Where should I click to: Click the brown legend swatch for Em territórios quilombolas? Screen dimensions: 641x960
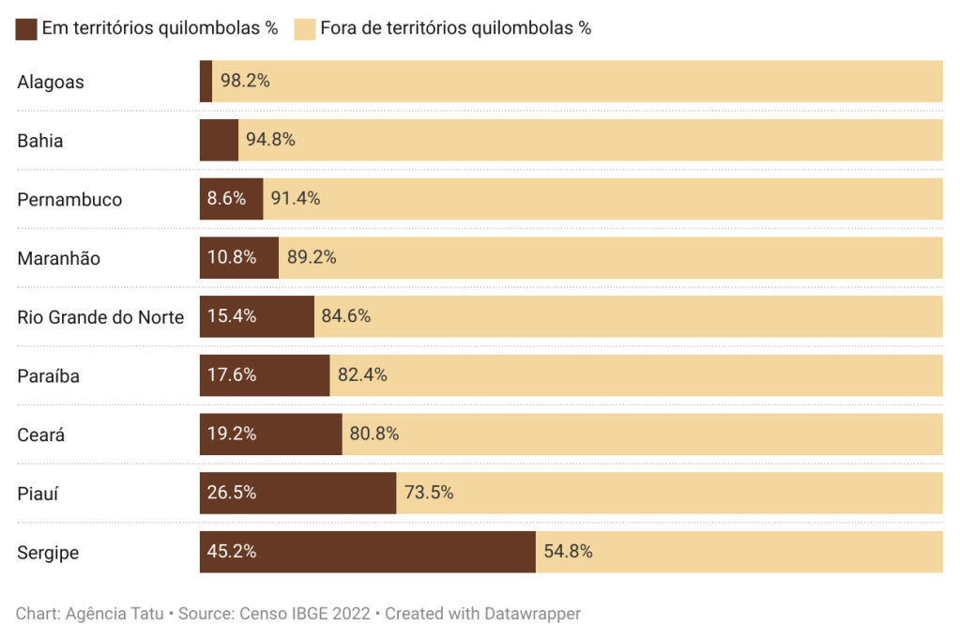pyautogui.click(x=26, y=28)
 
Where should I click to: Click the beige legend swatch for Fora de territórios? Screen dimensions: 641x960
pyautogui.click(x=304, y=28)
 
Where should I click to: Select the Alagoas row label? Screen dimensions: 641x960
pyautogui.click(x=51, y=83)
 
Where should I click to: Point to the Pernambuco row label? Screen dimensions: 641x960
pyautogui.click(x=70, y=200)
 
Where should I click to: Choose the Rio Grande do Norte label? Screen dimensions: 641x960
pyautogui.click(x=100, y=317)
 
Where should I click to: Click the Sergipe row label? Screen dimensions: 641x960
pyautogui.click(x=48, y=553)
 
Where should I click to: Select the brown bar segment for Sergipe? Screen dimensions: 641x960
pyautogui.click(x=366, y=552)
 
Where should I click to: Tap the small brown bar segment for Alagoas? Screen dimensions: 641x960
pyautogui.click(x=206, y=82)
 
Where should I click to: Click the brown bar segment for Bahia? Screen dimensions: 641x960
pyautogui.click(x=219, y=140)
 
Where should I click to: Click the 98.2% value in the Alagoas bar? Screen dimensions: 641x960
pyautogui.click(x=245, y=82)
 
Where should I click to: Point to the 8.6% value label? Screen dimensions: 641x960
pyautogui.click(x=226, y=199)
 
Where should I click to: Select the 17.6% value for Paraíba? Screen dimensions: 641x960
pyautogui.click(x=232, y=375)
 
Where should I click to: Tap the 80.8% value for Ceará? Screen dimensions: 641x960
pyautogui.click(x=374, y=435)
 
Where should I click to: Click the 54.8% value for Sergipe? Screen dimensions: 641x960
pyautogui.click(x=568, y=552)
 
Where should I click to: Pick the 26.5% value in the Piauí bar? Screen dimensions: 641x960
pyautogui.click(x=232, y=493)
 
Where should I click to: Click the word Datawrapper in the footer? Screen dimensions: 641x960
pyautogui.click(x=532, y=614)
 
